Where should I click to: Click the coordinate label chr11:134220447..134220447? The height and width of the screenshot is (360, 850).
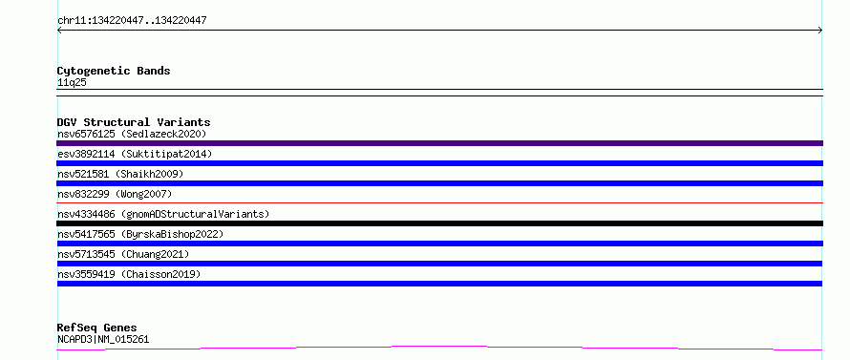tap(132, 21)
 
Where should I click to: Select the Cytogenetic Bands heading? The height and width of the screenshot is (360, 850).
tap(114, 71)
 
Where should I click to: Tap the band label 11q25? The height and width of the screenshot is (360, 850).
tap(72, 83)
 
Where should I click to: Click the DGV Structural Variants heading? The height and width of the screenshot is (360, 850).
tap(134, 122)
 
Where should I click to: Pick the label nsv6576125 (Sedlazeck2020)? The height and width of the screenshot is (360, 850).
tap(132, 134)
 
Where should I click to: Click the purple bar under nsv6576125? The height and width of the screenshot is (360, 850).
tap(439, 143)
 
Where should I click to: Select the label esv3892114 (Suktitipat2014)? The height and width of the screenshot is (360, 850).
tap(135, 154)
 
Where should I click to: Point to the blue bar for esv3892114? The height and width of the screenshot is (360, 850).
tap(439, 163)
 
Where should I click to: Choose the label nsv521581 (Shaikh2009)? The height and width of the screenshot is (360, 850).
tap(120, 174)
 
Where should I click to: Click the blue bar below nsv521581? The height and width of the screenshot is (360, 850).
tap(439, 183)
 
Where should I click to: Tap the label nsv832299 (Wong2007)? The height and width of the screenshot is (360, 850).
tap(115, 194)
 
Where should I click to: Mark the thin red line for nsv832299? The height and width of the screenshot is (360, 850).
tap(439, 202)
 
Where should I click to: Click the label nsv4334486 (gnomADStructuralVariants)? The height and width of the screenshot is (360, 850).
tap(163, 214)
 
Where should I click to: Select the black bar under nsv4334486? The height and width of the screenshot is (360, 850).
tap(439, 223)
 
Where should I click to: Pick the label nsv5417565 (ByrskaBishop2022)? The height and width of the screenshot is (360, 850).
tap(140, 234)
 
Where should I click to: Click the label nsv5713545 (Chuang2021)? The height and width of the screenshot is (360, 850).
tap(123, 254)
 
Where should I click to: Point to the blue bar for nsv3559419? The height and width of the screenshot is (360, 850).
tap(439, 284)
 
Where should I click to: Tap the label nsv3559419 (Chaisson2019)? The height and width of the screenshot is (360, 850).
tap(129, 274)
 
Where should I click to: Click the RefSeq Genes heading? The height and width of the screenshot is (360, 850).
tap(97, 328)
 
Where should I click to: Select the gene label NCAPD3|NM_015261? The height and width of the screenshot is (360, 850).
tap(103, 339)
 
